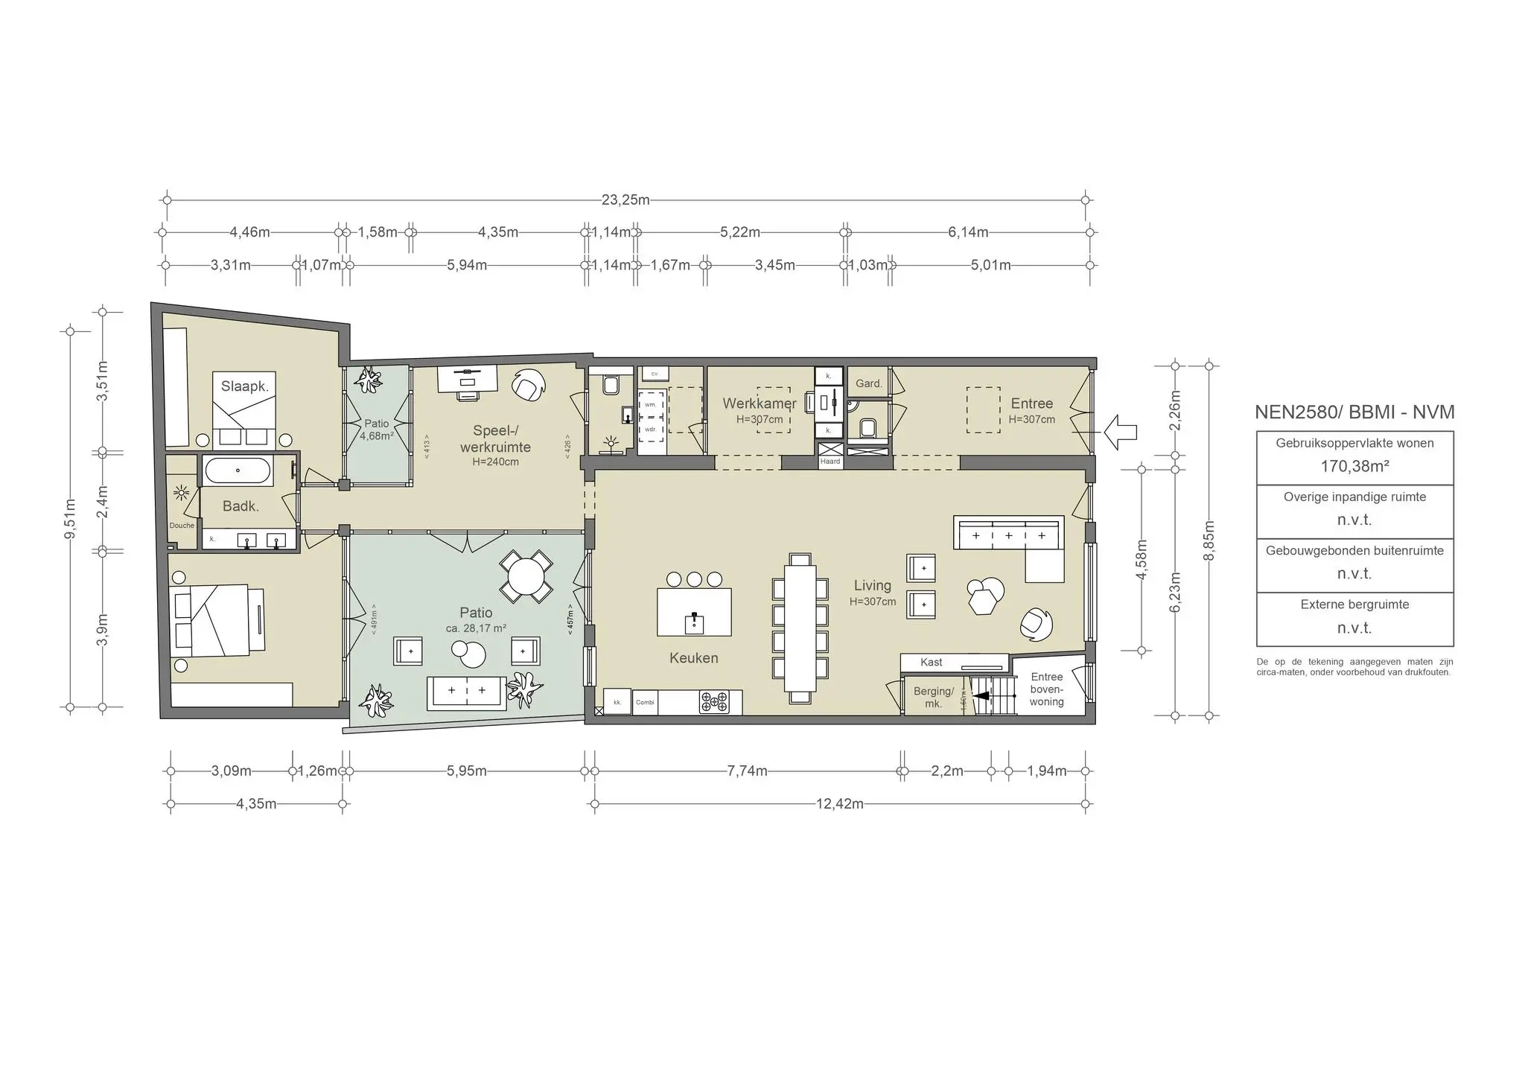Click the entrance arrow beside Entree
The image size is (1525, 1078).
[x=1121, y=431]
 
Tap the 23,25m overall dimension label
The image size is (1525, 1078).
[x=625, y=200]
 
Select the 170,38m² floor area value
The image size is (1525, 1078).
[x=1354, y=466]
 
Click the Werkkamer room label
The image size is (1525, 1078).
[x=759, y=404]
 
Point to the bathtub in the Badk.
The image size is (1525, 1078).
[x=238, y=471]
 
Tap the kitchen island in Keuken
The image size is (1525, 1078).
[x=693, y=612]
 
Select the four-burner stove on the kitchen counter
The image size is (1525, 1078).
[x=714, y=701]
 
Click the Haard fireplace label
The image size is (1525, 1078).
[x=830, y=462]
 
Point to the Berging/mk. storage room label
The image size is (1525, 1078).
[x=933, y=698]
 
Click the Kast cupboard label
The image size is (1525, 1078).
[x=931, y=662]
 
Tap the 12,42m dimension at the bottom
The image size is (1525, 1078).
[x=841, y=804]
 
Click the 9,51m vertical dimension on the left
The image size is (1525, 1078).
[x=70, y=519]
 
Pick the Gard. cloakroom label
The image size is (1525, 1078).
[x=868, y=383]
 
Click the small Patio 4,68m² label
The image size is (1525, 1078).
[x=377, y=430]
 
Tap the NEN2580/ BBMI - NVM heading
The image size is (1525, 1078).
[x=1354, y=412]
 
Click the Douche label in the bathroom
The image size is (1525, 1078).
[x=182, y=526]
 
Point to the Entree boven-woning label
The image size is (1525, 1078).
[x=1046, y=689]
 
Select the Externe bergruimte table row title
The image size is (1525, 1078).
[x=1354, y=605]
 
